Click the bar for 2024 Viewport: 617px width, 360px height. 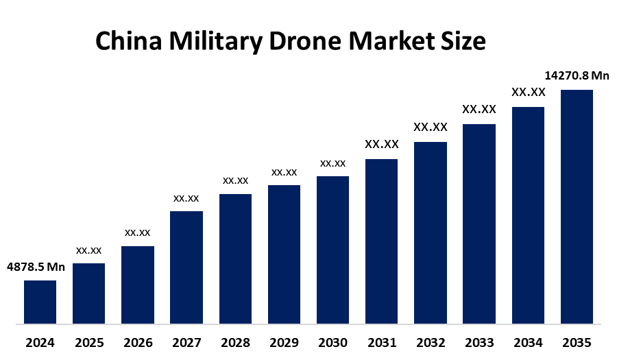click(x=40, y=302)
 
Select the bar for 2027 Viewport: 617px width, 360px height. click(x=186, y=267)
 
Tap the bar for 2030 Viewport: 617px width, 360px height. click(x=332, y=250)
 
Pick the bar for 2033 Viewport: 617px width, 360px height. click(x=479, y=224)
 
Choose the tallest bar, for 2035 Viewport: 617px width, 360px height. click(x=577, y=206)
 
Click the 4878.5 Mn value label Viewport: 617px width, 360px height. click(x=36, y=267)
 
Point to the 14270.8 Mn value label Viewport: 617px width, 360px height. click(x=577, y=76)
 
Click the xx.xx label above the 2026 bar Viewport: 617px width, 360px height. click(x=137, y=232)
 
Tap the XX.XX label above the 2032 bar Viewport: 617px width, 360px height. click(x=430, y=127)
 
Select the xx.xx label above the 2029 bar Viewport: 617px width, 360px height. click(x=284, y=172)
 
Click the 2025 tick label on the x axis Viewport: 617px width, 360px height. click(x=88, y=342)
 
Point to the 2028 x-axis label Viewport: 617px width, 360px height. click(x=235, y=342)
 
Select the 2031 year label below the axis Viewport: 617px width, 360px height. click(x=381, y=342)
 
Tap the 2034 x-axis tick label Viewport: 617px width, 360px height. click(x=528, y=342)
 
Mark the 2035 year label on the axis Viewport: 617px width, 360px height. click(x=577, y=342)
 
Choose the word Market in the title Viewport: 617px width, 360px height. click(x=388, y=43)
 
